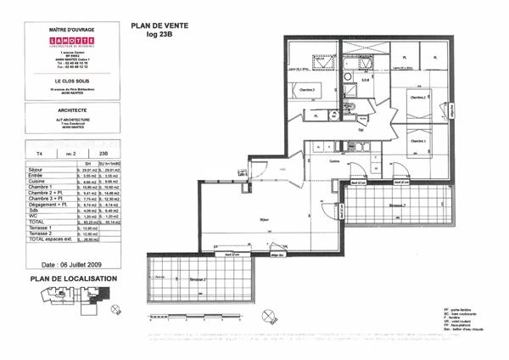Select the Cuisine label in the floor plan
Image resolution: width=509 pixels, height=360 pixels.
point(334,160)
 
